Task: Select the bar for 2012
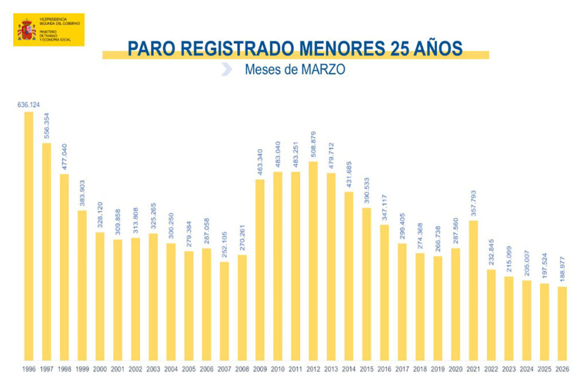pos(313,261)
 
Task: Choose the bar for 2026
pos(562,323)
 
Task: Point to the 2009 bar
pos(260,270)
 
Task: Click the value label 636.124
pos(29,105)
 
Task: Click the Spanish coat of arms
pos(26,29)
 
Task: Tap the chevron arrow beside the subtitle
pos(226,69)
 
